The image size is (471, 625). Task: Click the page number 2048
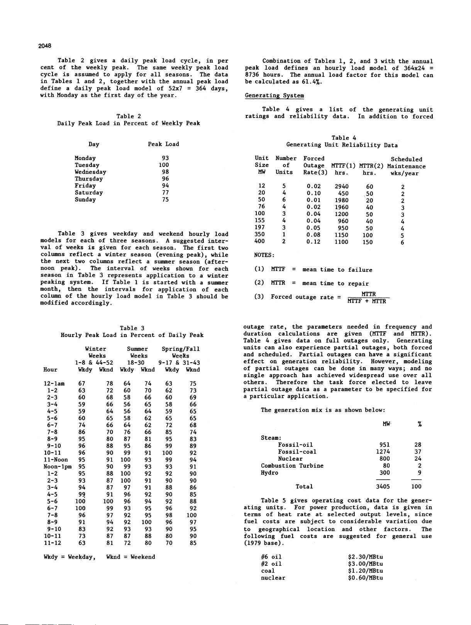pos(45,46)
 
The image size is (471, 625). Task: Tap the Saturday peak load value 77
pos(165,193)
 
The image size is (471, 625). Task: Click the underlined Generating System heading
pos(274,95)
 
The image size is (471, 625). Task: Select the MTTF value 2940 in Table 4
pos(342,186)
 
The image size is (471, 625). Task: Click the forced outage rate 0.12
pos(313,242)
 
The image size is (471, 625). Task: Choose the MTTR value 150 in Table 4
pos(368,242)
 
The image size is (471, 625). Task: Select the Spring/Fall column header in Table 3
pos(181,349)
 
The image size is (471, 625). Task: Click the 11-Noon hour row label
pos(56,460)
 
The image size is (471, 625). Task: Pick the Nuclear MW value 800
pos(385,459)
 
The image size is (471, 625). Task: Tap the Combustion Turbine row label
pos(292,466)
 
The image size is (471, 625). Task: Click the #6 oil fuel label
pos(271,557)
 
